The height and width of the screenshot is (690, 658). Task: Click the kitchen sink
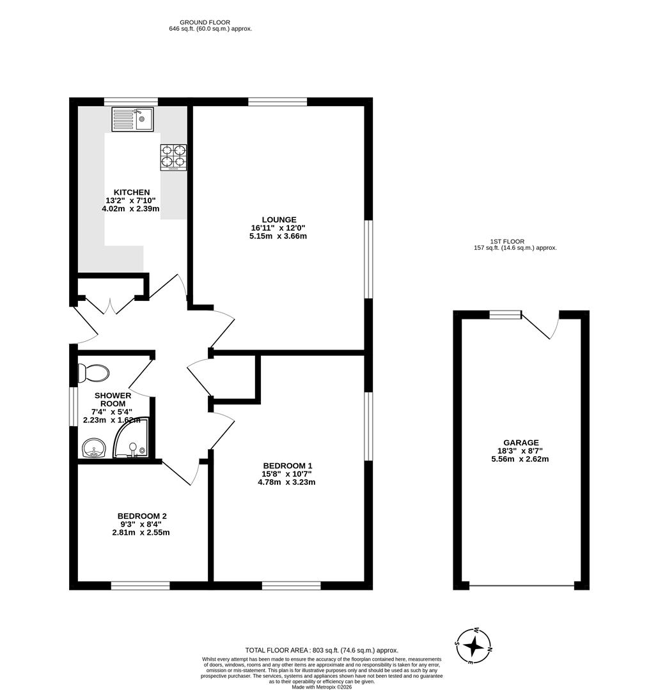coord(132,119)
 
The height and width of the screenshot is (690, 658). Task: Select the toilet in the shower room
coord(92,372)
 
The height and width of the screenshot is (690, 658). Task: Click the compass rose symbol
coord(473,646)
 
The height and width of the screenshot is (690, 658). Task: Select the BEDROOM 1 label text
coord(287,465)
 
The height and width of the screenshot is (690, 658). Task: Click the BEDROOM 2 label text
coord(142,516)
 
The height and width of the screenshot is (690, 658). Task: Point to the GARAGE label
coord(520,442)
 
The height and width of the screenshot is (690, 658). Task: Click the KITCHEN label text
coord(132,192)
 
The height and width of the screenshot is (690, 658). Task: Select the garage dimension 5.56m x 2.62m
coord(520,459)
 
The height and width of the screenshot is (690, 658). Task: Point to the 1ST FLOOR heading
coord(507,241)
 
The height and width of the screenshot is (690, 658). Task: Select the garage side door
coord(542,326)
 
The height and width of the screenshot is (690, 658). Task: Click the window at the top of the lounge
coord(277,101)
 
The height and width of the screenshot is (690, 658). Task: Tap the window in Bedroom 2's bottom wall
coord(140,585)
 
